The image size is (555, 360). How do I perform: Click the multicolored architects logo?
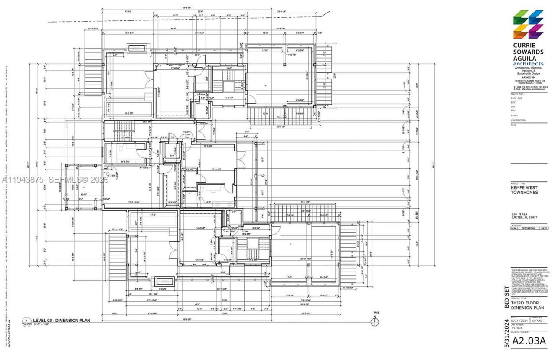coord(528,24)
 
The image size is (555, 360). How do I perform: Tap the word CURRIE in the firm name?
coord(524,45)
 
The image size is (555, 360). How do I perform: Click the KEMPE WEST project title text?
coord(525,187)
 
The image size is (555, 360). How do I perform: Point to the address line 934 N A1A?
coord(519,214)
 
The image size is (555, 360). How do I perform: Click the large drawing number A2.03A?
coord(528,341)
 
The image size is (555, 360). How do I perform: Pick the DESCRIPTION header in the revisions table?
coord(529,228)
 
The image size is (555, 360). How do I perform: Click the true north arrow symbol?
coord(376,321)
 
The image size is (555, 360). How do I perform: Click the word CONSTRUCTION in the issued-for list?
coord(518,120)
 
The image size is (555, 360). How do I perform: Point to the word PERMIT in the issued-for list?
coord(515,115)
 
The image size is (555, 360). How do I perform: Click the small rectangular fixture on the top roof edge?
coord(137,47)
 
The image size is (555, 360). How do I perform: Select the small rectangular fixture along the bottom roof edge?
coord(164,281)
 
